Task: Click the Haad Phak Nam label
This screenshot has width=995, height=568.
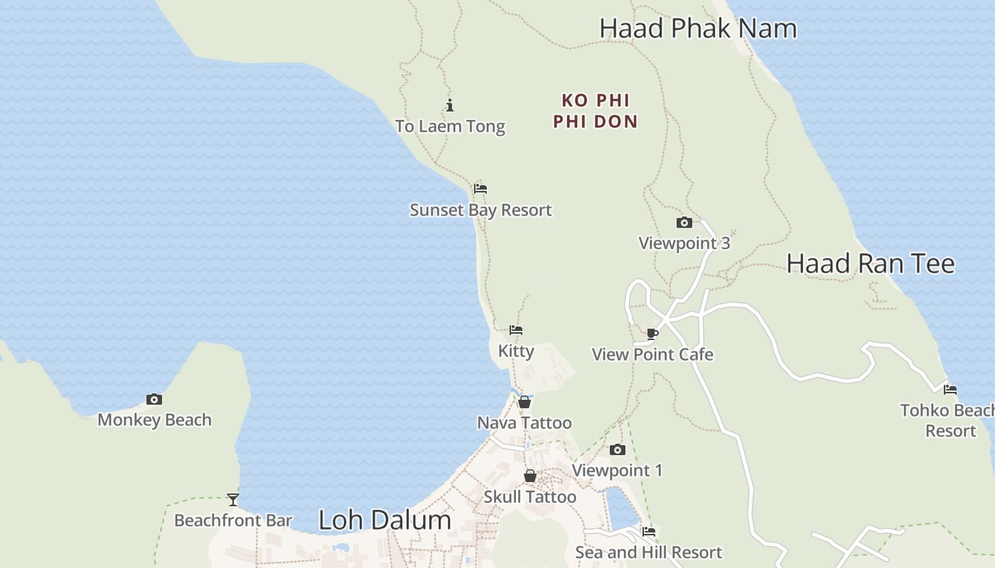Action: tap(697, 28)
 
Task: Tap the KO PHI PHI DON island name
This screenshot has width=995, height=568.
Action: tap(596, 111)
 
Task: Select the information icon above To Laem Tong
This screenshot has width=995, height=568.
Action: tap(450, 106)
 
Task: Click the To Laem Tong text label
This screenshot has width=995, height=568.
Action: tap(450, 126)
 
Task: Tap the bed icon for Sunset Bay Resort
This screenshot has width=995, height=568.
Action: tap(480, 189)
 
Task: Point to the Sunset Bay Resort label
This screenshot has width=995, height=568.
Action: tap(480, 210)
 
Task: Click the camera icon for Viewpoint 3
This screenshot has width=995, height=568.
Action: tap(684, 223)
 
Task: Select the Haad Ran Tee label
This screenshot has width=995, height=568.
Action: tap(870, 264)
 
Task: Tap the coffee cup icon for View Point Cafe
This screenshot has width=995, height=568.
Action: tap(652, 334)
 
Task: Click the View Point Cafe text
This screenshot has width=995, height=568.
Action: tap(652, 354)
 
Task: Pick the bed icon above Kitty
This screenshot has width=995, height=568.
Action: tap(516, 330)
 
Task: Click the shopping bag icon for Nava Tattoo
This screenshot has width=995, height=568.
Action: tap(525, 403)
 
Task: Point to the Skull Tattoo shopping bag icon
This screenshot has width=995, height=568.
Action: tap(530, 476)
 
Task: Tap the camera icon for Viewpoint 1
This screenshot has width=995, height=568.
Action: tap(617, 449)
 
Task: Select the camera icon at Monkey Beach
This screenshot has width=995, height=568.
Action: tap(154, 399)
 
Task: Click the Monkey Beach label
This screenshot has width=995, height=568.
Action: tap(154, 420)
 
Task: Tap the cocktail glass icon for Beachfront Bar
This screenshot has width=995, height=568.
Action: tap(233, 499)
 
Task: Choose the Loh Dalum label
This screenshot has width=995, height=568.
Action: tap(384, 520)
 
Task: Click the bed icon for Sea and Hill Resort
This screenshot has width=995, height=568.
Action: tap(649, 531)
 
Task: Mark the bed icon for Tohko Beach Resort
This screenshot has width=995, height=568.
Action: tap(950, 389)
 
